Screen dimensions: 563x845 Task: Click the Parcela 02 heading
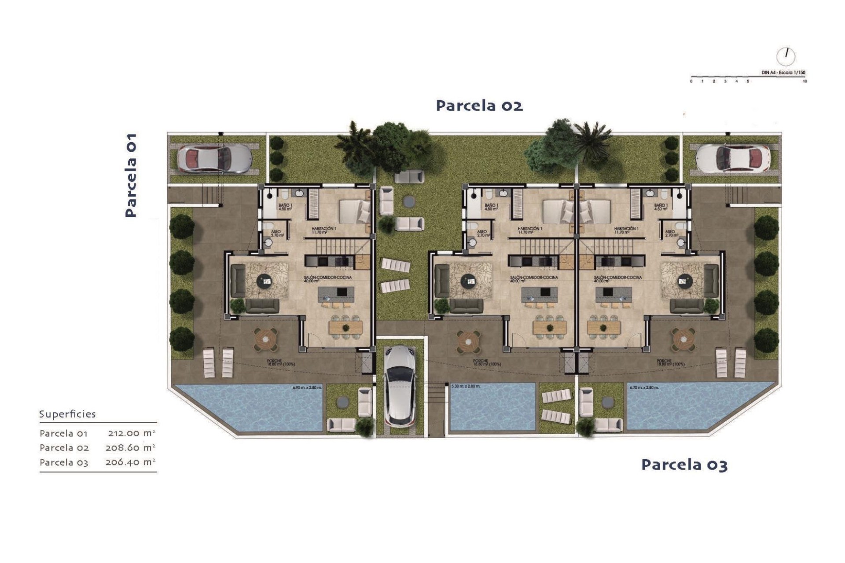(479, 106)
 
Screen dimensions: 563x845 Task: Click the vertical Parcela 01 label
(131, 175)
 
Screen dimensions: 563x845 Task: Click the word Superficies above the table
(67, 414)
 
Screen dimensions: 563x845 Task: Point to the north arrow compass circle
(786, 56)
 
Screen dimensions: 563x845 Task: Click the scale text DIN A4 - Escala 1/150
(783, 73)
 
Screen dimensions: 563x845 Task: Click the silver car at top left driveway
(214, 158)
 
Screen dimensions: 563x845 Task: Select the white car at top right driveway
(733, 158)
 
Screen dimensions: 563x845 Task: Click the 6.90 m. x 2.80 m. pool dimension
(307, 388)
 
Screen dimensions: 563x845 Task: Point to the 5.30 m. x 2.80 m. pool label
(466, 386)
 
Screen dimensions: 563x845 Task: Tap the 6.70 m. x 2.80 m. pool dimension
(644, 388)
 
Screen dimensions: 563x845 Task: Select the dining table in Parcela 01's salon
(345, 327)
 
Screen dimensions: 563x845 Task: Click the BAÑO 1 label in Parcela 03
(661, 207)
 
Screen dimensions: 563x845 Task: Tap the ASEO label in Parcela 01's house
(276, 233)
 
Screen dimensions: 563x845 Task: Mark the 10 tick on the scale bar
(805, 81)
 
